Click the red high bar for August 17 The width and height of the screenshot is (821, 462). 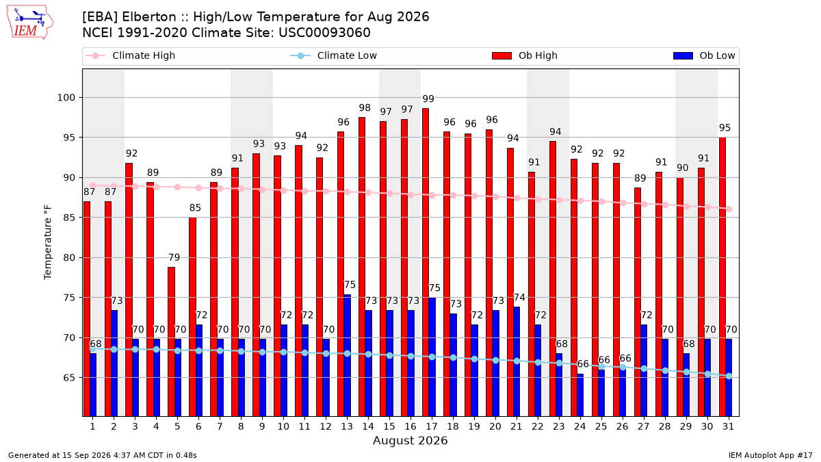tap(426, 262)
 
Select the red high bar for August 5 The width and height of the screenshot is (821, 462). tap(171, 342)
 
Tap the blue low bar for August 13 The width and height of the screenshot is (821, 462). tap(347, 355)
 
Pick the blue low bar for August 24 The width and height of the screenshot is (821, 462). tap(580, 396)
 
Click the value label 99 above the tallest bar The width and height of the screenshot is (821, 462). tap(428, 99)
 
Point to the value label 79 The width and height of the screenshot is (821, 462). tap(174, 257)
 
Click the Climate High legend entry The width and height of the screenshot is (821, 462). tap(130, 55)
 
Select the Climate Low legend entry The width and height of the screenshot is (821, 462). tap(334, 55)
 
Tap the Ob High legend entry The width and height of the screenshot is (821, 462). tap(525, 55)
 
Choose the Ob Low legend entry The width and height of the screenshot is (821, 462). tap(704, 55)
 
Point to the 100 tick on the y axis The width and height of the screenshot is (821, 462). tap(66, 97)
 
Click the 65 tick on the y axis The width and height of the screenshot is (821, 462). tap(69, 378)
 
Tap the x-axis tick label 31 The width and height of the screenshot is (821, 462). tap(728, 426)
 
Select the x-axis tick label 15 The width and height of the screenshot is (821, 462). tap(389, 426)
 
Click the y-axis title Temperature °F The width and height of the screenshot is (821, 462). tap(48, 242)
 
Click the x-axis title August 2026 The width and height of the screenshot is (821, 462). tap(410, 440)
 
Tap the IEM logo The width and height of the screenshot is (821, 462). tap(30, 23)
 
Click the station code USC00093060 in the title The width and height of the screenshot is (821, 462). tap(324, 33)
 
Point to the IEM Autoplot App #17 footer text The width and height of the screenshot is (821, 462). tap(770, 455)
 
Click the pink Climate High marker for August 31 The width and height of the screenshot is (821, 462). tap(729, 209)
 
